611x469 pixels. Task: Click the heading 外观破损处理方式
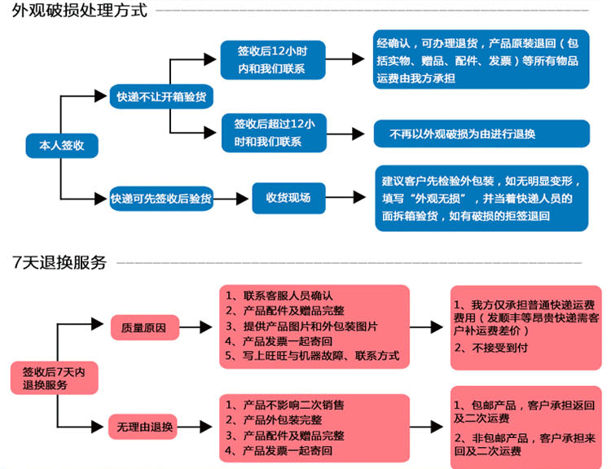pos(80,11)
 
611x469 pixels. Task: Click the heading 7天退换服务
pos(59,262)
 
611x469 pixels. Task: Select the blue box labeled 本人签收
pos(62,146)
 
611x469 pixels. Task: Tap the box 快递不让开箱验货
pos(161,96)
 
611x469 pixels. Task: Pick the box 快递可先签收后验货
pos(161,199)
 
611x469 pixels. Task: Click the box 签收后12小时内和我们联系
pos(273,60)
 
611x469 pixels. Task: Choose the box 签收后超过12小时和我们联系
pos(274,133)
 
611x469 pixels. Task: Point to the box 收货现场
pos(288,198)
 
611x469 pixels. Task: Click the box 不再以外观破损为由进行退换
pos(481,134)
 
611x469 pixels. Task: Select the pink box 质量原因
pos(144,327)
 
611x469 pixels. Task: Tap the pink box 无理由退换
pos(143,427)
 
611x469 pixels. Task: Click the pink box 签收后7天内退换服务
pos(54,378)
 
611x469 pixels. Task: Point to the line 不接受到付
pos(491,348)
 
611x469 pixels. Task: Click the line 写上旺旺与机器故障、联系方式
pos(312,355)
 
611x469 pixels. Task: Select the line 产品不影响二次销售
pos(285,405)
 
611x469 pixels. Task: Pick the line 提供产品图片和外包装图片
pos(301,326)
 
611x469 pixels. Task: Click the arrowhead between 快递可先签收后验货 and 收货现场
pos(243,199)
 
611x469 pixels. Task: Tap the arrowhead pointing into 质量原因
pos(98,324)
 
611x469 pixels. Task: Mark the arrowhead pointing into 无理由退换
pos(98,427)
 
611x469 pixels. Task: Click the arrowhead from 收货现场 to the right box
pos(359,197)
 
